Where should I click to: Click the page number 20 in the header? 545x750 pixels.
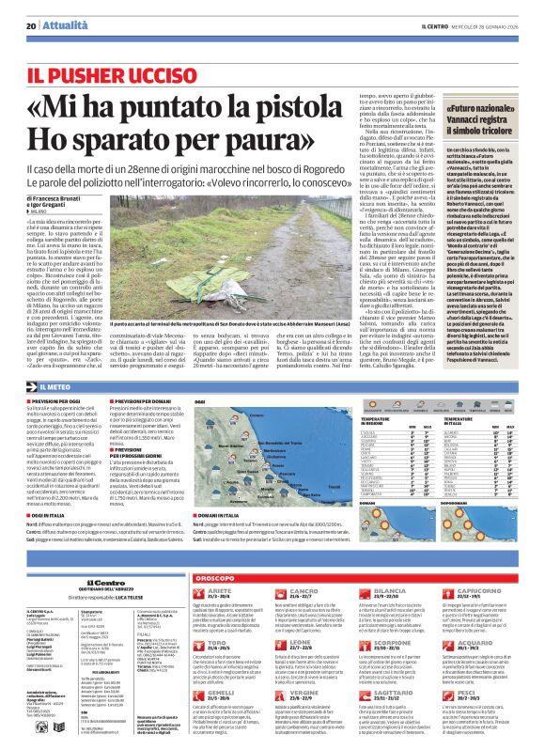point(31,25)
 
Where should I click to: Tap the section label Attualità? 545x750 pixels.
point(61,25)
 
